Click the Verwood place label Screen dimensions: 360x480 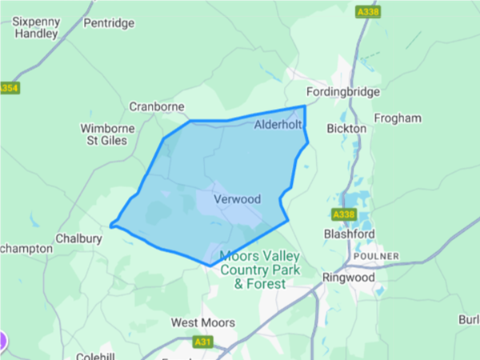[x=238, y=198]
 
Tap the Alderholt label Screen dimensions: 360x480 [x=279, y=126]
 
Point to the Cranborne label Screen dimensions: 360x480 [x=157, y=106]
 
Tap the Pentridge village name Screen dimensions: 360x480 [x=109, y=23]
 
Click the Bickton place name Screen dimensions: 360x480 [x=347, y=128]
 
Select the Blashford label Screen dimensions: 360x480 [x=349, y=234]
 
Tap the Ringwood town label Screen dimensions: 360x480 [x=348, y=278]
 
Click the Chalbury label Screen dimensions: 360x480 [x=78, y=238]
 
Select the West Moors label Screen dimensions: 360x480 [x=203, y=322]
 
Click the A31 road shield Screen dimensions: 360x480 [x=204, y=342]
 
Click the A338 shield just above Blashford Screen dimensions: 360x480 [x=342, y=214]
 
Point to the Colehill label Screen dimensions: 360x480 [x=96, y=356]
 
